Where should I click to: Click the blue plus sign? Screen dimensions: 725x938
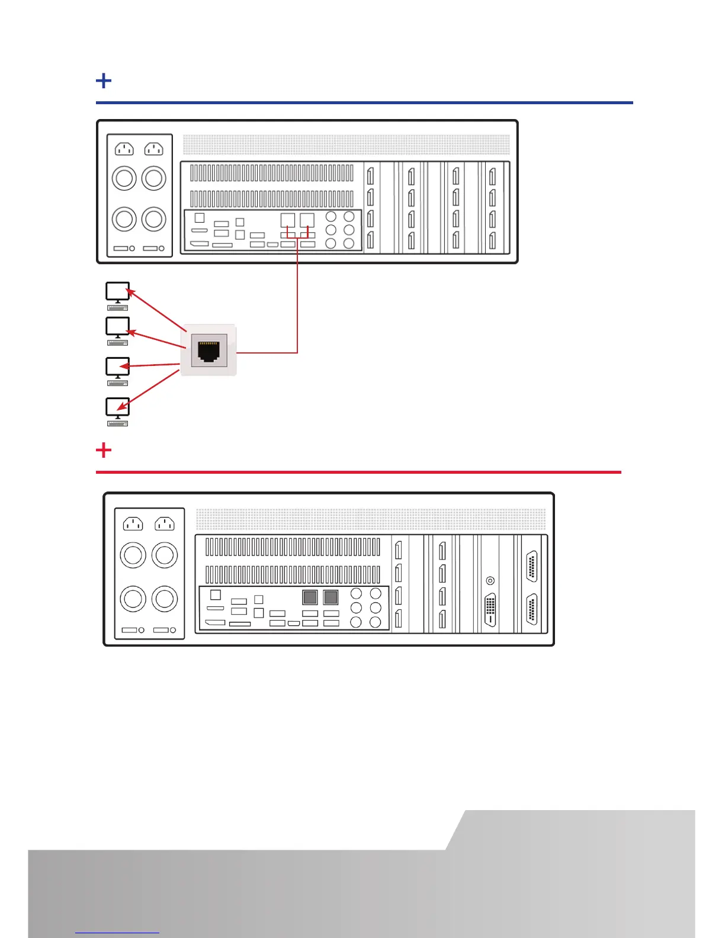tap(104, 81)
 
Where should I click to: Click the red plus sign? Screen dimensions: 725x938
tap(104, 450)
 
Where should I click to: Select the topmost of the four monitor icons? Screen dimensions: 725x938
tap(117, 291)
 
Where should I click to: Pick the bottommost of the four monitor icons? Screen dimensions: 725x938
tap(117, 407)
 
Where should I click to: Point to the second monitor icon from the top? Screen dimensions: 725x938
tap(117, 326)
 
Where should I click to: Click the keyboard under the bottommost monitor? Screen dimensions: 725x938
tap(118, 423)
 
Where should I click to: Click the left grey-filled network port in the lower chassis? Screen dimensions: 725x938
tap(310, 597)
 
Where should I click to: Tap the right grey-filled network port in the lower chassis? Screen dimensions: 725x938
tap(331, 597)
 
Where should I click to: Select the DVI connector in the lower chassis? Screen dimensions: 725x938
tap(490, 609)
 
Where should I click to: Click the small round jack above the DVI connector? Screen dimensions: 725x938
tap(490, 581)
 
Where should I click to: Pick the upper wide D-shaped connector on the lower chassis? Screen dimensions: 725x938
tap(531, 566)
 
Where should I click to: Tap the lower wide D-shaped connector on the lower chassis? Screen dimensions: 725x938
tap(531, 609)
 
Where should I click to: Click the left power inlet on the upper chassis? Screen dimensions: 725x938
tap(124, 149)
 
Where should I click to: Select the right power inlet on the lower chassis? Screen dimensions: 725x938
tap(164, 523)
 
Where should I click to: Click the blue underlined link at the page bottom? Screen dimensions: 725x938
tap(117, 933)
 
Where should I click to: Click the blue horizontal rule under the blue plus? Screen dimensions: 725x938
tap(364, 102)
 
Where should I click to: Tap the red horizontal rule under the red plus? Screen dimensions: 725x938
tap(358, 472)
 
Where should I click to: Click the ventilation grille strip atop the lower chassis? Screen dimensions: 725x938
tap(371, 519)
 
